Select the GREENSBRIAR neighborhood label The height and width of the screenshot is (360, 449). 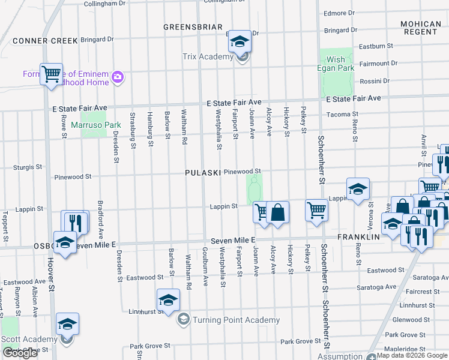[x=193, y=27]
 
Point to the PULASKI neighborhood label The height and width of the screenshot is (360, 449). [x=203, y=172]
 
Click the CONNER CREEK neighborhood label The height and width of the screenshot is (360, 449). [x=45, y=41]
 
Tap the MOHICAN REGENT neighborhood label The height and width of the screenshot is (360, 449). [x=420, y=28]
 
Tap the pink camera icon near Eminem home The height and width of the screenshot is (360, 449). [x=118, y=76]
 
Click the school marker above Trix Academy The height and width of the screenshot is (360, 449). [x=240, y=42]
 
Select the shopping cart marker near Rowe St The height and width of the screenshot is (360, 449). [x=52, y=74]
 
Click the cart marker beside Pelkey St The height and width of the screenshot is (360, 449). [x=316, y=211]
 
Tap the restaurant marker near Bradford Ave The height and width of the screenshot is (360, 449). [x=75, y=221]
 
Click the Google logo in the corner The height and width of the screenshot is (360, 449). [x=20, y=353]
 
